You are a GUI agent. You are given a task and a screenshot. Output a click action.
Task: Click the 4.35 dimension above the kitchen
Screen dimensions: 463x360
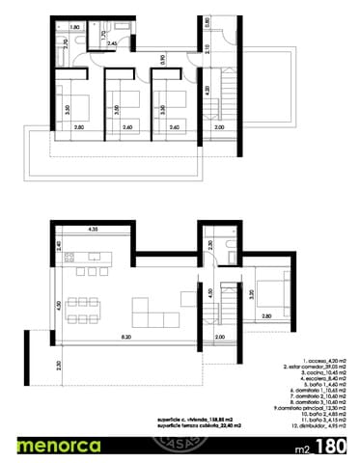[92, 230]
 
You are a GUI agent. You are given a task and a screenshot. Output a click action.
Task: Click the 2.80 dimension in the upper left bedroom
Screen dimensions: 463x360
[78, 126]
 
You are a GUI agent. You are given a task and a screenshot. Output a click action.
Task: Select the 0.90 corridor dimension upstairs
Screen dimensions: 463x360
[165, 60]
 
